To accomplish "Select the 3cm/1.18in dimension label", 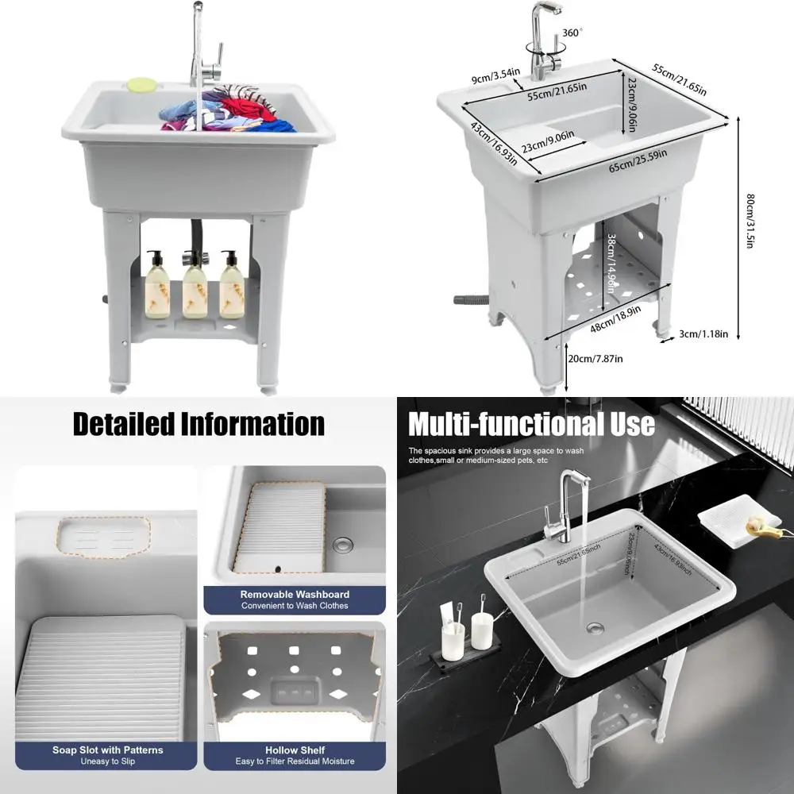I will pos(702,334).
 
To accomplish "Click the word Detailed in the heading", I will pos(123,424).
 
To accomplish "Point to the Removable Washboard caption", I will pos(295,594).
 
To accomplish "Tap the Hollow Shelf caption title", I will pos(295,750).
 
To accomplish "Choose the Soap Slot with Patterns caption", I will pos(107,750).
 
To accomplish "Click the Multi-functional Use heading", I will pos(531,424).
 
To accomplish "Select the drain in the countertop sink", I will pos(595,628).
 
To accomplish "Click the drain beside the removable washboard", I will pos(343,545).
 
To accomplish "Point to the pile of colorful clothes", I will pos(226,111).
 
